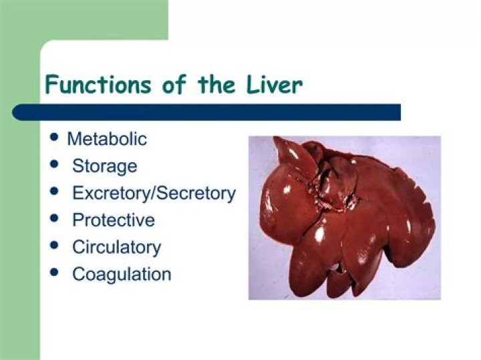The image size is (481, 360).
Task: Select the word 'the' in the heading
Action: [215, 85]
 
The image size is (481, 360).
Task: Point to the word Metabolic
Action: [107, 139]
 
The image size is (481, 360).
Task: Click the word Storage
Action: [104, 166]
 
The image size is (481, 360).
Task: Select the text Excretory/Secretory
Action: [154, 193]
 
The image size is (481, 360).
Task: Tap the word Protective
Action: [113, 220]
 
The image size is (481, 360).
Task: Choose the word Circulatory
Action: [116, 247]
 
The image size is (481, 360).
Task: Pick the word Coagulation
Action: [122, 274]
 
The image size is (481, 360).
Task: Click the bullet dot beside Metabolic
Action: [55, 137]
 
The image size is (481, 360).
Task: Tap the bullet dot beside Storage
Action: [55, 164]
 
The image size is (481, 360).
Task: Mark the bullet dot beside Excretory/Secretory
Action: [55, 191]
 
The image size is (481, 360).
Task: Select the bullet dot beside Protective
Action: [55, 218]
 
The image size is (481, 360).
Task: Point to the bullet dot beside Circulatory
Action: [55, 245]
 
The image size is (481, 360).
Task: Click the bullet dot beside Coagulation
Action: [55, 272]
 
